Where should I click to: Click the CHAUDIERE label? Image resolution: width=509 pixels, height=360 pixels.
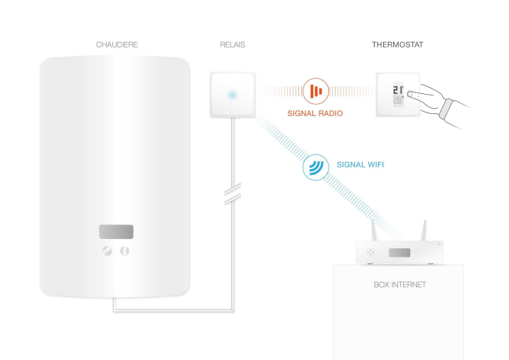[117, 45]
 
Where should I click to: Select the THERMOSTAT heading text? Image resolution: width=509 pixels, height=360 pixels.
[397, 45]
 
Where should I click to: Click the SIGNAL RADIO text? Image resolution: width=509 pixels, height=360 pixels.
[315, 112]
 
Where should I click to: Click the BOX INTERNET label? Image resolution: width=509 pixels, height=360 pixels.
[399, 284]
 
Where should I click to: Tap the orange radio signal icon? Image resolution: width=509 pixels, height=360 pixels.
[315, 91]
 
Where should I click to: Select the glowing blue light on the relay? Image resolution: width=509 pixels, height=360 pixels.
[231, 95]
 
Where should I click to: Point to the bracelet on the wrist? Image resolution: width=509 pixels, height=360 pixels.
[445, 110]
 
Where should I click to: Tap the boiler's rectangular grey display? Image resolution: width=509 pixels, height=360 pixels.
[116, 232]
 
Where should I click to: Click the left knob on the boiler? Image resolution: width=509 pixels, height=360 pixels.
[108, 250]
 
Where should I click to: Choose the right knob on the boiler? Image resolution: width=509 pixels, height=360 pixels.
[124, 250]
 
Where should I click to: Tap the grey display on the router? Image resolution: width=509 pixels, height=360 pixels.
[399, 252]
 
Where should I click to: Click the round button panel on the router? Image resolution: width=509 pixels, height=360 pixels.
[370, 252]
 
